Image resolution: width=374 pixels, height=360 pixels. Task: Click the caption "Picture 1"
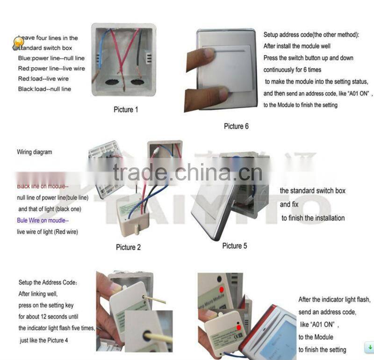click(x=126, y=110)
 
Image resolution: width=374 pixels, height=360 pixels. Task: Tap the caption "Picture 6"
click(x=236, y=126)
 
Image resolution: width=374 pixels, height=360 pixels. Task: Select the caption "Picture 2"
click(x=128, y=247)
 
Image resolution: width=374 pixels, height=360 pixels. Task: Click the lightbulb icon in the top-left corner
click(x=18, y=43)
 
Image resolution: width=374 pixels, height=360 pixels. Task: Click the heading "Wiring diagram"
click(x=35, y=152)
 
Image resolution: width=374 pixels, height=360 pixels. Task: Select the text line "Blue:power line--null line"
click(x=51, y=58)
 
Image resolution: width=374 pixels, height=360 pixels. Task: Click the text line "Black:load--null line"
click(x=45, y=89)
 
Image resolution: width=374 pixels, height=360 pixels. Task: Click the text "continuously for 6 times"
click(x=293, y=70)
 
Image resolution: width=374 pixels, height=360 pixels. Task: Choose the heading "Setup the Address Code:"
click(x=48, y=283)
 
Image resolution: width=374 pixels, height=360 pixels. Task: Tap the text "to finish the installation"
click(x=313, y=218)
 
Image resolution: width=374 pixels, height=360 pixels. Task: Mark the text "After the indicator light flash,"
click(x=334, y=299)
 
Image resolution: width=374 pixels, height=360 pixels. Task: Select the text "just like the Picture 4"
click(x=44, y=340)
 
